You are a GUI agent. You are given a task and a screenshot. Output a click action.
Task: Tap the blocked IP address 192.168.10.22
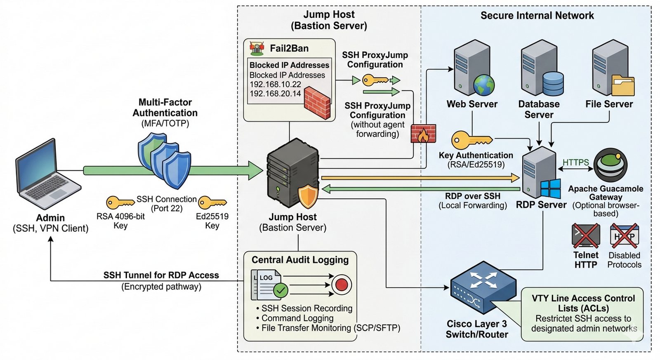click(x=275, y=84)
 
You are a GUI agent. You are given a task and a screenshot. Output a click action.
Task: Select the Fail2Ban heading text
click(x=289, y=48)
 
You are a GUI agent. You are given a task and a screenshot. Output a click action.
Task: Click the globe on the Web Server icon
click(x=483, y=85)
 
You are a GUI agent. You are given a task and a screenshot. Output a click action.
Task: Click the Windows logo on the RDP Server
click(x=550, y=189)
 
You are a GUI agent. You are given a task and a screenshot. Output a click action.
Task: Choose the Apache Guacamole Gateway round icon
click(x=610, y=165)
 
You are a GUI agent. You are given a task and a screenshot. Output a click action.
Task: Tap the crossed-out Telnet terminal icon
click(x=586, y=236)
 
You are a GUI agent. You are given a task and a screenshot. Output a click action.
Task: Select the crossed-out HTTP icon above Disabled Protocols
click(x=624, y=236)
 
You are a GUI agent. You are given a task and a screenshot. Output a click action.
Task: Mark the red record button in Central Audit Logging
click(x=342, y=285)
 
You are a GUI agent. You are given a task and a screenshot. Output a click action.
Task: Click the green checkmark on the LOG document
click(x=280, y=290)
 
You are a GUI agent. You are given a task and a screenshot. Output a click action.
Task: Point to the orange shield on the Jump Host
click(x=308, y=197)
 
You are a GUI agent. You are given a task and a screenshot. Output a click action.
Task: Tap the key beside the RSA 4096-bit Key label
click(x=120, y=202)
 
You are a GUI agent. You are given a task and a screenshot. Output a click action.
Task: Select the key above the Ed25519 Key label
click(x=212, y=202)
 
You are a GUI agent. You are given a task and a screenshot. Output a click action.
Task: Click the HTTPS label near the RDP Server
click(x=575, y=162)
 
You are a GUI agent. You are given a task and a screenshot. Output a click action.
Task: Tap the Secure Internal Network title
click(x=537, y=16)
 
